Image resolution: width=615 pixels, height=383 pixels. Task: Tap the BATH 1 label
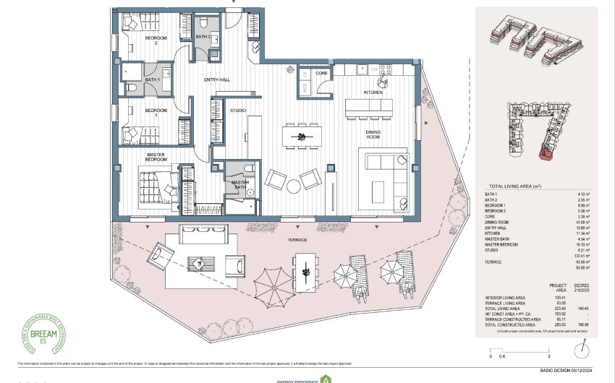[x=153, y=79]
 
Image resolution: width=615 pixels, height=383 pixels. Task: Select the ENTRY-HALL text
[x=216, y=79]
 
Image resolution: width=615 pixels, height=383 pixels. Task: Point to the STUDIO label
[x=237, y=111]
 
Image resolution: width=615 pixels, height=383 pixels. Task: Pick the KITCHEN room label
[x=373, y=92]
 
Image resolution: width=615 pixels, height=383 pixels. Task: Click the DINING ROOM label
[x=373, y=134]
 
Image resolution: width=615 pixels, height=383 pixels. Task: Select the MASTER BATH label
[x=240, y=184]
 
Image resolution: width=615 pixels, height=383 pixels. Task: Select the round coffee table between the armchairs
[x=293, y=186]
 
